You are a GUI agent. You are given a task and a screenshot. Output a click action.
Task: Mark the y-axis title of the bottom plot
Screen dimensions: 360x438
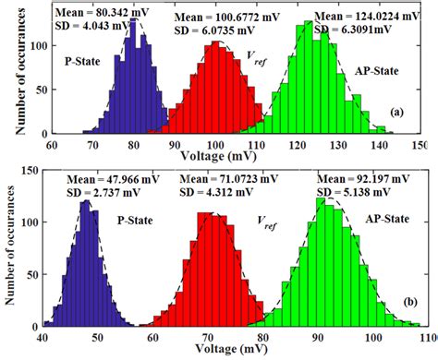click(x=11, y=249)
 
